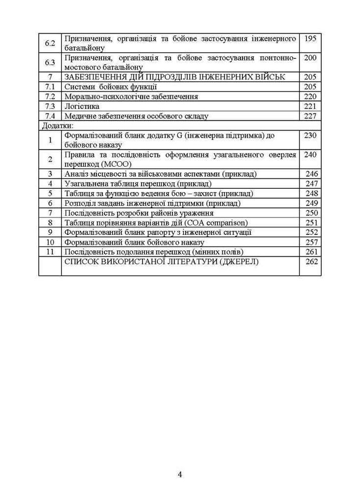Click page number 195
click(310, 39)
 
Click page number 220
click(310, 96)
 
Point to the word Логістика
click(82, 106)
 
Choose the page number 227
click(310, 116)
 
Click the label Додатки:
click(57, 125)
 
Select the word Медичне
click(80, 116)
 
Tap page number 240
click(310, 155)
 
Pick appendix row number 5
click(50, 193)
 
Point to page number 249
click(312, 203)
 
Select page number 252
click(312, 232)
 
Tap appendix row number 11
click(50, 252)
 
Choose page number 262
click(312, 262)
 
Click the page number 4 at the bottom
click(180, 474)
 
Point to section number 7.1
click(50, 87)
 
